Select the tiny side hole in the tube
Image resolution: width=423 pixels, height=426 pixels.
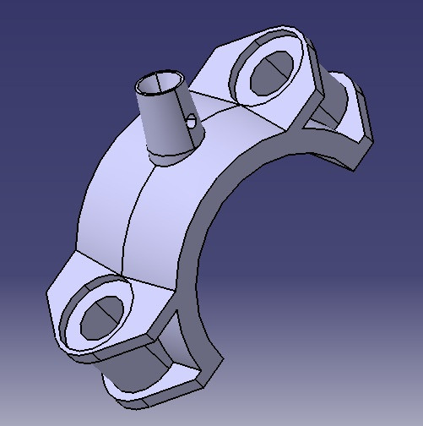(193, 122)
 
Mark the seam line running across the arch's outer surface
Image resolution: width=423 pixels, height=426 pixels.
(135, 203)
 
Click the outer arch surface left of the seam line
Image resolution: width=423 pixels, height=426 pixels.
(106, 211)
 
